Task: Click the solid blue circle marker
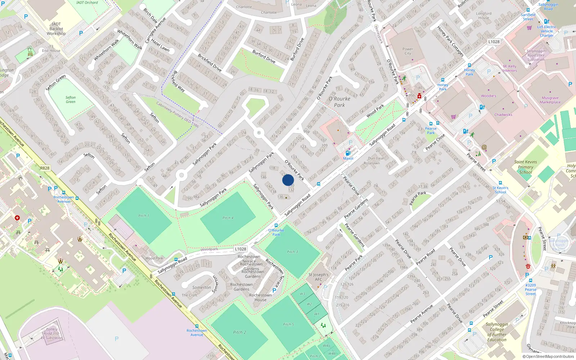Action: [x=288, y=180]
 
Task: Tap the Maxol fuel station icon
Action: [x=348, y=153]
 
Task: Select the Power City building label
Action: [x=408, y=51]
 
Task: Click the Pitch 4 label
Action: [x=228, y=218]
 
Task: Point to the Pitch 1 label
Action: [x=143, y=216]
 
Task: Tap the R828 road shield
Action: [x=45, y=168]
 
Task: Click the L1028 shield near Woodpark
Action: [x=240, y=249]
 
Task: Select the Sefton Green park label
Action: [x=71, y=99]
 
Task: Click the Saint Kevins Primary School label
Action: [x=525, y=167]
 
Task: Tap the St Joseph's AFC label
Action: [x=319, y=277]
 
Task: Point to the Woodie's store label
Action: [x=489, y=96]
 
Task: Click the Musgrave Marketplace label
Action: [x=550, y=100]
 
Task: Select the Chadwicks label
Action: [x=503, y=114]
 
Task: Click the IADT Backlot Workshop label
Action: [x=56, y=29]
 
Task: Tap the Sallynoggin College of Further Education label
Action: [x=497, y=332]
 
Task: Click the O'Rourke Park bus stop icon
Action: [x=276, y=226]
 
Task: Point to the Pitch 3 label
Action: [x=292, y=252]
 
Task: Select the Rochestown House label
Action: [x=260, y=297]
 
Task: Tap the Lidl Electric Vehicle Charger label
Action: [x=546, y=31]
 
